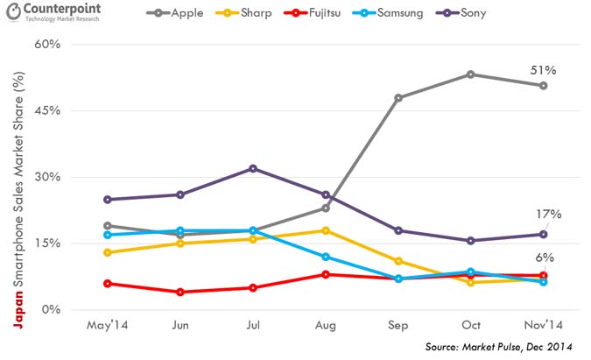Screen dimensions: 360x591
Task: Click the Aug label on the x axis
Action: click(326, 325)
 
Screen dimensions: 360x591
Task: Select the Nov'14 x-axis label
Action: click(543, 325)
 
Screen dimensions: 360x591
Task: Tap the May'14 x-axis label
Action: click(107, 325)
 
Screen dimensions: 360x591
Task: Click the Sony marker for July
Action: click(252, 168)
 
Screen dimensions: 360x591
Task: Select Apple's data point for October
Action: click(471, 74)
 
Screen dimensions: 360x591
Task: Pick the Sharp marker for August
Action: click(326, 230)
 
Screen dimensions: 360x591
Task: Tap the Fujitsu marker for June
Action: click(179, 292)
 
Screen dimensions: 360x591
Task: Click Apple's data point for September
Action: click(398, 98)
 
